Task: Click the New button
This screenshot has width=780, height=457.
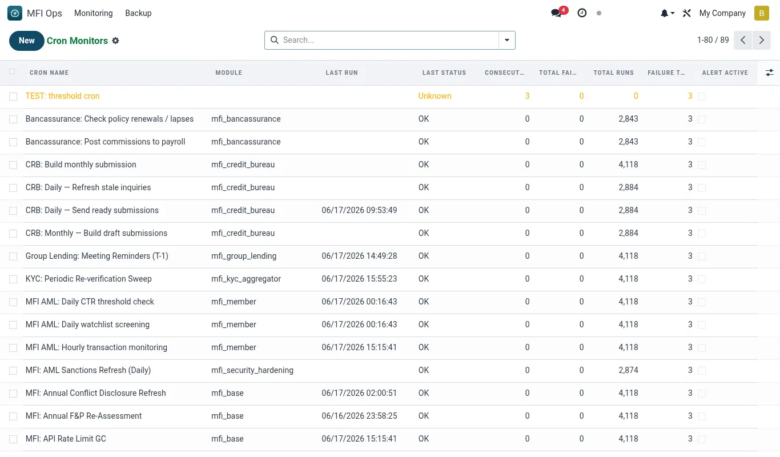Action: [x=26, y=41]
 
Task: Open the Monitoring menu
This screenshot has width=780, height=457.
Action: [x=93, y=13]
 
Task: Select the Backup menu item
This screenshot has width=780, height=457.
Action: [x=138, y=13]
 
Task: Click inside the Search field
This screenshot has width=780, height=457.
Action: [x=383, y=40]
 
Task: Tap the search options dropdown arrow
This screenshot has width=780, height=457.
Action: [x=507, y=40]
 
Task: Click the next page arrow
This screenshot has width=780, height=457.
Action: [x=761, y=40]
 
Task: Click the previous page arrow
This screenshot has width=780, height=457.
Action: [x=743, y=40]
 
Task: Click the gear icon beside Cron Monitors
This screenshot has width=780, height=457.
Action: [x=115, y=41]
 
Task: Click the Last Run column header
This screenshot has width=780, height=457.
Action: [x=341, y=73]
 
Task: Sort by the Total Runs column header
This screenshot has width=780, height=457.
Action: [x=614, y=73]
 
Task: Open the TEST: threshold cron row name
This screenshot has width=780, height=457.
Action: [x=62, y=96]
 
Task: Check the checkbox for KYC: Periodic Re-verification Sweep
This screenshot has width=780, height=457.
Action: [x=13, y=279]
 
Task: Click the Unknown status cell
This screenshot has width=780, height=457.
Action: [x=435, y=96]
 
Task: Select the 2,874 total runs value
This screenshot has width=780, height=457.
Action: [x=628, y=370]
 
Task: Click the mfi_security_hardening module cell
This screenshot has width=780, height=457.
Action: [x=252, y=370]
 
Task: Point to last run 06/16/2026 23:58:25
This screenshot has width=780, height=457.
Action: [x=359, y=416]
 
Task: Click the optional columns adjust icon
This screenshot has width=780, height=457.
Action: [x=769, y=73]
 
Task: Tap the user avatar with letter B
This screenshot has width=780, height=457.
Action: [x=762, y=13]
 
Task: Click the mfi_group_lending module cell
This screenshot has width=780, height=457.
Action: [x=244, y=256]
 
